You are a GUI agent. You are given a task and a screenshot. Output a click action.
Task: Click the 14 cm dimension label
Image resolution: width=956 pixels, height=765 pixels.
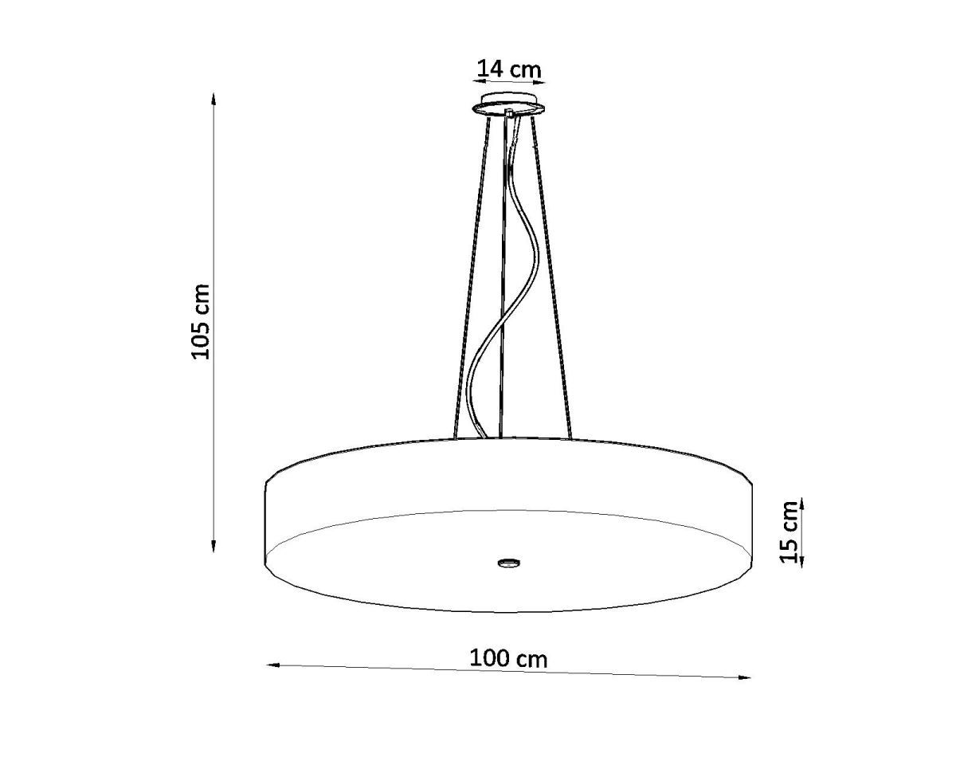(x=509, y=69)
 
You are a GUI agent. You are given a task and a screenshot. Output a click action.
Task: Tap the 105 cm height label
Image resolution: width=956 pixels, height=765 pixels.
(x=200, y=321)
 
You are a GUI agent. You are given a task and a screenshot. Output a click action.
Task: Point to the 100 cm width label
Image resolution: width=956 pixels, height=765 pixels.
(x=508, y=658)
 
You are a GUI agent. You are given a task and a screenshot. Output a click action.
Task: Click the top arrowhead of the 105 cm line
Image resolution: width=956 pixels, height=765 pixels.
(x=214, y=99)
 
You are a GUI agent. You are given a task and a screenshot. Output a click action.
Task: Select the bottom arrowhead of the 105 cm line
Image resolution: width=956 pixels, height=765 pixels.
(x=214, y=546)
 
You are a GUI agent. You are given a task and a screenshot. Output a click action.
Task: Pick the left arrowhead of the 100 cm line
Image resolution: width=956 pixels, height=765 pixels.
(x=273, y=677)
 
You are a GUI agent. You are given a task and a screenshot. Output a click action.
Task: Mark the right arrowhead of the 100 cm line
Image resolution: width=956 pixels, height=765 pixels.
(x=744, y=690)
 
